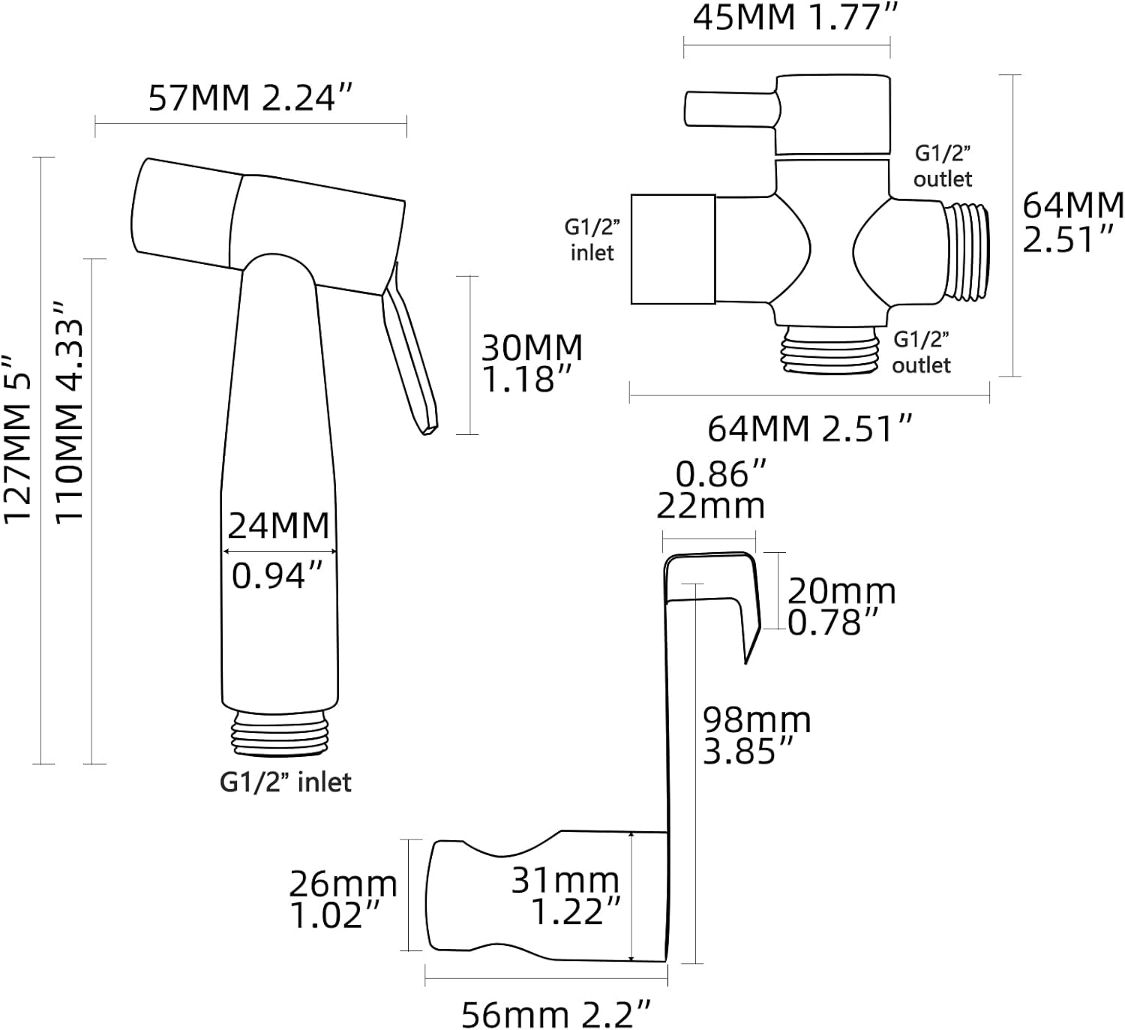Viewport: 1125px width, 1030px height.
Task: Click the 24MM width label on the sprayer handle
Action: click(x=279, y=526)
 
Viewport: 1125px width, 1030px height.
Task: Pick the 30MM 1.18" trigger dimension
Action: click(x=532, y=363)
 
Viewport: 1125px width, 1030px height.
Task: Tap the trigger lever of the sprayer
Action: click(x=409, y=350)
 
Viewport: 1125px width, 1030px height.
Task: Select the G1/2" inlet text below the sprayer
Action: click(x=286, y=782)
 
